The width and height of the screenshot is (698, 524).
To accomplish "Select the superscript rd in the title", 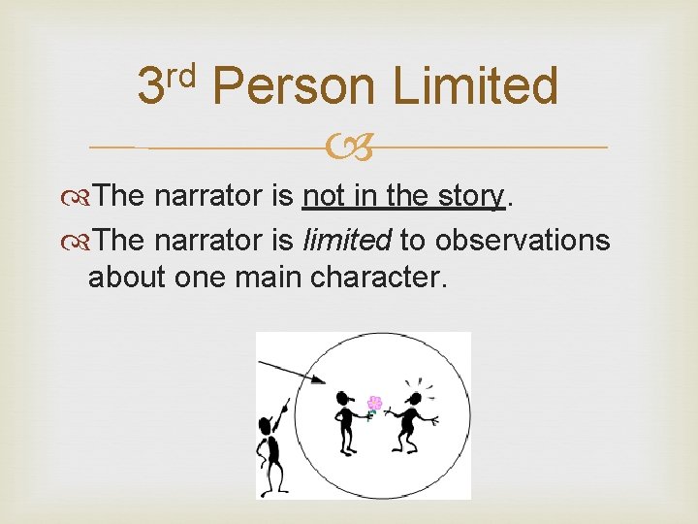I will click(180, 72).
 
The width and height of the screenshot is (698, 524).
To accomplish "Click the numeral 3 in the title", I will click(150, 87).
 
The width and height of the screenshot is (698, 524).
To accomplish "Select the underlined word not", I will click(325, 197).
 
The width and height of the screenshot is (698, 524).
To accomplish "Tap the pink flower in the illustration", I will click(374, 403).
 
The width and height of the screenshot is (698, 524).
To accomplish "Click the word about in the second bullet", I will click(127, 277).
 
